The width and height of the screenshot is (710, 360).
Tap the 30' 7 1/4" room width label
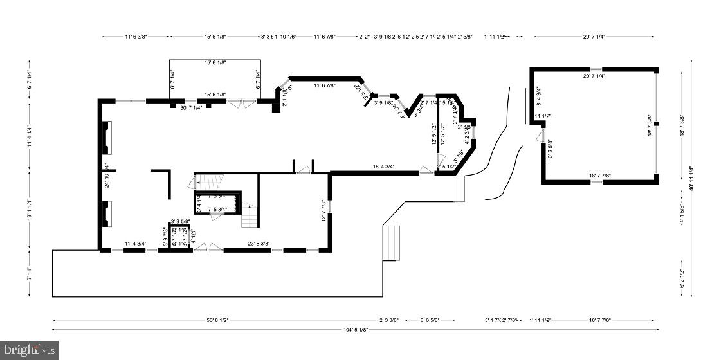click(191, 107)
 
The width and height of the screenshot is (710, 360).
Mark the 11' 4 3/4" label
click(135, 244)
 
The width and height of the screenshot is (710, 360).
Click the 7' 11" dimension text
click(29, 273)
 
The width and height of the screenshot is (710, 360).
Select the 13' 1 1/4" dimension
click(29, 210)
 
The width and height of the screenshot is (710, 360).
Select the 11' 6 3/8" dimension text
click(136, 37)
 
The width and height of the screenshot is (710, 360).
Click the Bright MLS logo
click(29, 350)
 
